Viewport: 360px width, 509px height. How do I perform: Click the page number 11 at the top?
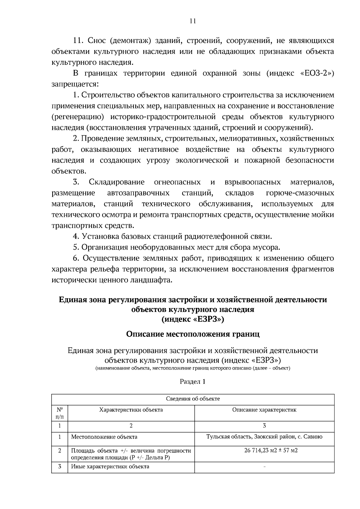(x=193, y=21)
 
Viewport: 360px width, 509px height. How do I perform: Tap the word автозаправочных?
(x=138, y=193)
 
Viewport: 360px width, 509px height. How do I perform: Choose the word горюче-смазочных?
(x=300, y=193)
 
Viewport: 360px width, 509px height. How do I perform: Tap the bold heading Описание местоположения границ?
(x=193, y=334)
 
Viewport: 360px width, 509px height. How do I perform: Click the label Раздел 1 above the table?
(x=193, y=382)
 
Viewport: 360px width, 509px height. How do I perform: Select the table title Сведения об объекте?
(x=193, y=399)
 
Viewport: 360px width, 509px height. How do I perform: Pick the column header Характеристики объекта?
(x=131, y=410)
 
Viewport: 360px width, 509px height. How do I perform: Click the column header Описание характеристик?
(x=264, y=410)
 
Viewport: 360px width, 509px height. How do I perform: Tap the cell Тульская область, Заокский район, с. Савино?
(x=264, y=437)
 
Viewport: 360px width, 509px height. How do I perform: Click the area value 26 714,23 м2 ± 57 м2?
(x=264, y=451)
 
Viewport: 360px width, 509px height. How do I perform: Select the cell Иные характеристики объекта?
(x=110, y=467)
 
